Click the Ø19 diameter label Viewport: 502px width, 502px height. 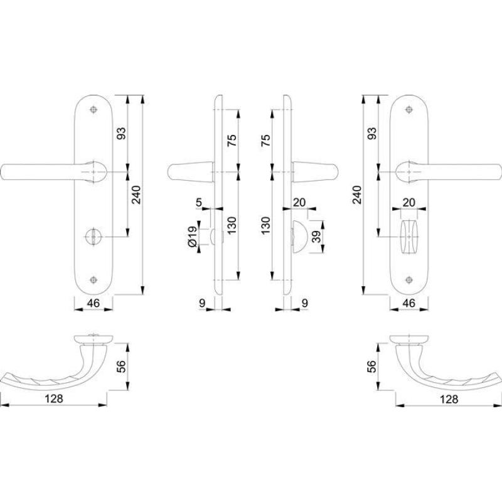pyautogui.click(x=192, y=237)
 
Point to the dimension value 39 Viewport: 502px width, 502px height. pyautogui.click(x=316, y=237)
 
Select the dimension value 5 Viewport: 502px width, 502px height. pyautogui.click(x=199, y=202)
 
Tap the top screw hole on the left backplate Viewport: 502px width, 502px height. pyautogui.click(x=93, y=109)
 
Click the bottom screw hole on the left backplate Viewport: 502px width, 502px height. pyautogui.click(x=93, y=280)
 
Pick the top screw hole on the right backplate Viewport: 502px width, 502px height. pyautogui.click(x=409, y=109)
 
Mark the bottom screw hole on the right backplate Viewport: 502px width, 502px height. pyautogui.click(x=409, y=280)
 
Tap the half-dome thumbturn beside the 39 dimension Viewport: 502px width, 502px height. pyautogui.click(x=299, y=237)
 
